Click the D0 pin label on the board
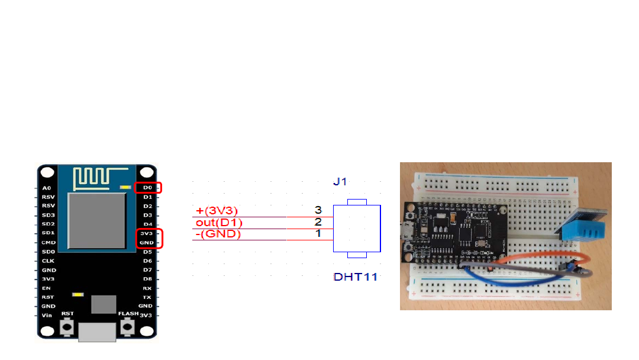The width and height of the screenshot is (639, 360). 147,188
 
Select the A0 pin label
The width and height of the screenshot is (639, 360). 47,188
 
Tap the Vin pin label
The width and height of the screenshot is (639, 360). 47,316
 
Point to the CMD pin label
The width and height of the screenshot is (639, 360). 49,243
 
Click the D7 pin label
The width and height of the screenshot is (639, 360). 147,270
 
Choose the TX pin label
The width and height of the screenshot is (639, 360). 147,297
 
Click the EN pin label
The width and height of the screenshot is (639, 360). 47,288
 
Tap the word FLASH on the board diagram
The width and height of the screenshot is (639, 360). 128,313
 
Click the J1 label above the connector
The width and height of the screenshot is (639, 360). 340,182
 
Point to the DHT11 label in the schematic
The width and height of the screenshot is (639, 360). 356,277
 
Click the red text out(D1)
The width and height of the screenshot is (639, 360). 219,223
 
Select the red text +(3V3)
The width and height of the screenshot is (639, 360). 217,211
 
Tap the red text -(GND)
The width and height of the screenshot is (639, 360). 218,234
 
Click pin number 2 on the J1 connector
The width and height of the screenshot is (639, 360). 318,222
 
